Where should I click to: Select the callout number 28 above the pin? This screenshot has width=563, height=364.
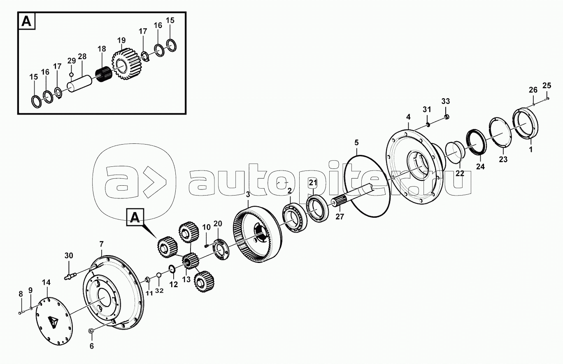pos(82,56)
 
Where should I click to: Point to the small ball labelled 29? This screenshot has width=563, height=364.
pos(71,74)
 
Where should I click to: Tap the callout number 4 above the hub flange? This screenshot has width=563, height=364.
pos(408,117)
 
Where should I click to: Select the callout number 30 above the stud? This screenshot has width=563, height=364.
pos(68,256)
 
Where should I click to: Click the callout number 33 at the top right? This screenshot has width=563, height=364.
pos(446,101)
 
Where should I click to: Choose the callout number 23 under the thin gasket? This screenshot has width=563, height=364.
pos(503,159)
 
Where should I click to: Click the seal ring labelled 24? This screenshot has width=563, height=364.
pos(476,142)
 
